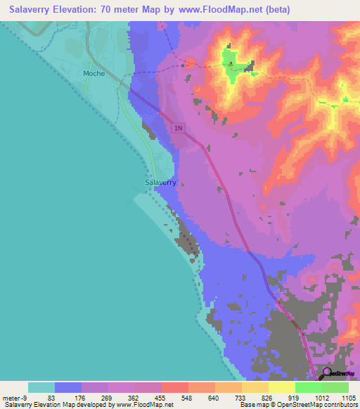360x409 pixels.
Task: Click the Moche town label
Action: click(x=94, y=73)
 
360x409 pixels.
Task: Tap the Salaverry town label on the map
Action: click(x=160, y=183)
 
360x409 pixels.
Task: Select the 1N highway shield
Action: click(x=178, y=127)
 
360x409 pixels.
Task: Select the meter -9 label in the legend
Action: click(x=14, y=397)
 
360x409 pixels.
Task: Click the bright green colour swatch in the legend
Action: click(x=308, y=387)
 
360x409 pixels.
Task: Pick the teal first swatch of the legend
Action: click(x=41, y=387)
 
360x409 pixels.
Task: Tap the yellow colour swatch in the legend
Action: click(x=281, y=387)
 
